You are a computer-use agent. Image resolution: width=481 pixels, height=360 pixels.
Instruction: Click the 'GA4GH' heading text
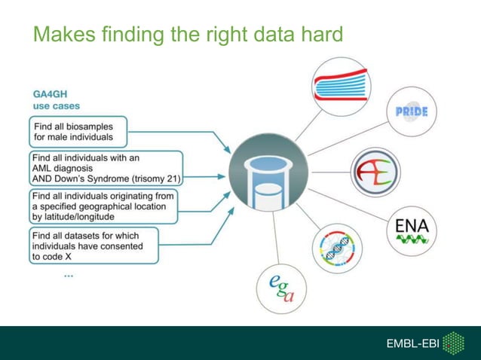click(x=50, y=95)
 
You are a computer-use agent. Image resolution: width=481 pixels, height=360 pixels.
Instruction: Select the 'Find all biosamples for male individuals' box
click(x=78, y=132)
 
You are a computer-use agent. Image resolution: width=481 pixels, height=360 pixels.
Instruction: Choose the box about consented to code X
click(x=94, y=246)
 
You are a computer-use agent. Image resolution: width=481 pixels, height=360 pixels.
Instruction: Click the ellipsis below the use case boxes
click(x=69, y=276)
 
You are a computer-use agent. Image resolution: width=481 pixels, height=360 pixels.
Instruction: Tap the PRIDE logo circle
click(x=411, y=111)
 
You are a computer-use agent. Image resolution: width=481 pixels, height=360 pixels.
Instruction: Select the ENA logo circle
click(x=411, y=229)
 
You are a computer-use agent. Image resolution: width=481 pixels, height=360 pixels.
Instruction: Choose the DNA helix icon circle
click(x=338, y=249)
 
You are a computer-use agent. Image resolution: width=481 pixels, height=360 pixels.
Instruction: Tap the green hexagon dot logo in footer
click(x=452, y=343)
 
